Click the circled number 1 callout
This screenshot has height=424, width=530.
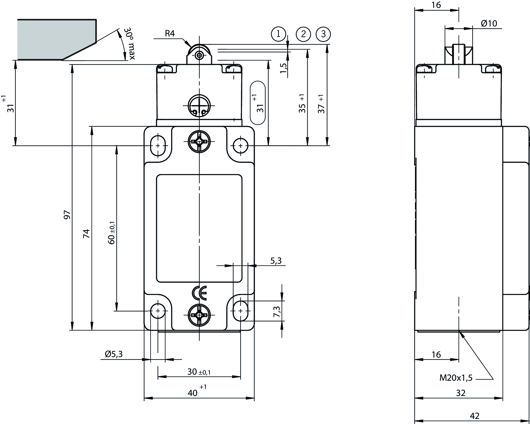click(x=278, y=34)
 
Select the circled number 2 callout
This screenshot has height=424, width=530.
click(x=303, y=34)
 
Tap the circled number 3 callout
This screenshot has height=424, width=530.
click(x=323, y=34)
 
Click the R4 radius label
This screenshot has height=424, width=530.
click(x=170, y=33)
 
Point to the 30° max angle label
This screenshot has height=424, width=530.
click(x=130, y=44)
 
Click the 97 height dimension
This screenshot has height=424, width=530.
click(x=67, y=215)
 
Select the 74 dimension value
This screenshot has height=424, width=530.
click(x=87, y=233)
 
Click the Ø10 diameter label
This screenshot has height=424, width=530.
click(x=489, y=24)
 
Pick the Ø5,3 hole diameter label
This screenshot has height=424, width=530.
click(x=114, y=354)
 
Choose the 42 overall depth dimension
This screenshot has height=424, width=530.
click(x=475, y=416)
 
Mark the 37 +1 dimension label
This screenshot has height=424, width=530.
click(x=321, y=104)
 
